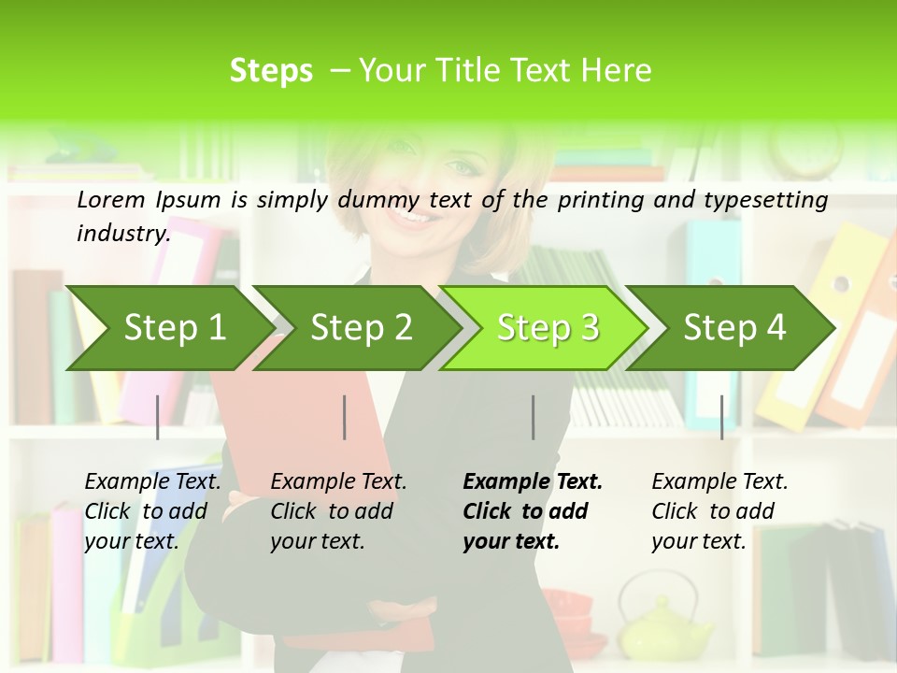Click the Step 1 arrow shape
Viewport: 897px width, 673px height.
tap(168, 328)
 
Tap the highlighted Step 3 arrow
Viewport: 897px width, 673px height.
tap(544, 328)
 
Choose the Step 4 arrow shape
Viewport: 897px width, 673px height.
tap(731, 328)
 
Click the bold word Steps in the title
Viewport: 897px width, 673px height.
tap(271, 71)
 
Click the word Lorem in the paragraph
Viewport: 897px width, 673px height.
tap(110, 200)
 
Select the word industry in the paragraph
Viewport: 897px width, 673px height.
tap(122, 234)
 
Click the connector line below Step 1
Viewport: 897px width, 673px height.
tap(158, 417)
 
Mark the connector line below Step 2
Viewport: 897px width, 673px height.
tap(345, 417)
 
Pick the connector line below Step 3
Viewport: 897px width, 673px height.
tap(534, 417)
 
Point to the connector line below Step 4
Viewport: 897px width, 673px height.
tap(722, 417)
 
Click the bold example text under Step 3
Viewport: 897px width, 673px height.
tap(531, 511)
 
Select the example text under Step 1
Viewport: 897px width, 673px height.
tap(152, 511)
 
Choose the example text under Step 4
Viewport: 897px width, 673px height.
tap(719, 511)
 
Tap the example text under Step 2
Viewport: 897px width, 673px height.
tap(338, 511)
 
